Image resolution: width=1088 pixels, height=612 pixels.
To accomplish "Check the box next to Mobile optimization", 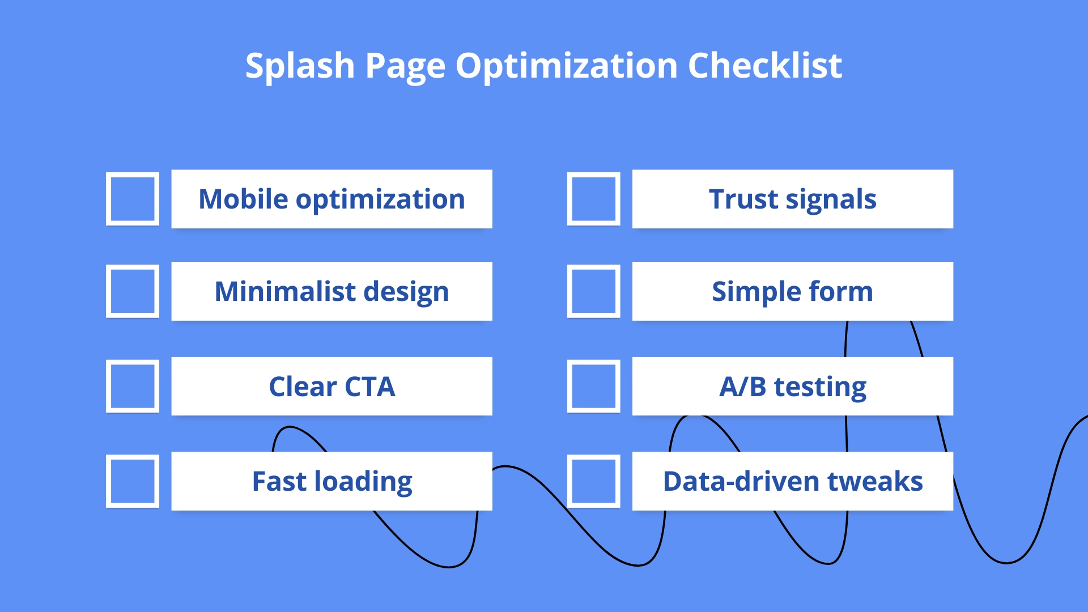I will tap(133, 199).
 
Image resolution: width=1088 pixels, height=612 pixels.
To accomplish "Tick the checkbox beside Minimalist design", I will tap(133, 291).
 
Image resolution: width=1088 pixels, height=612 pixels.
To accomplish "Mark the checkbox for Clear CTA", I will tap(133, 386).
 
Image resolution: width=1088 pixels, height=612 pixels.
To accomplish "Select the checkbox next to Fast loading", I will tap(133, 481).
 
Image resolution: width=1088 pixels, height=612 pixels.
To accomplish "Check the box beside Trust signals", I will tap(593, 199).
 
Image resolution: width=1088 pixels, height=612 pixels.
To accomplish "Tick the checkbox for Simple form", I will tap(593, 291).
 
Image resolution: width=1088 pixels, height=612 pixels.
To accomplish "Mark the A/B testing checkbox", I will tap(593, 386).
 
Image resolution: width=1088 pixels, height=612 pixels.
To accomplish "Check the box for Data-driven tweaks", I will tap(593, 481).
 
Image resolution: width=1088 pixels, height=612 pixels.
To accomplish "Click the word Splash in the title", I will tap(300, 66).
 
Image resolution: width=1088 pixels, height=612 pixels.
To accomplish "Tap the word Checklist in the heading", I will tap(764, 66).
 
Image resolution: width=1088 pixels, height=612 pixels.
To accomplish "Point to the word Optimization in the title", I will tap(567, 66).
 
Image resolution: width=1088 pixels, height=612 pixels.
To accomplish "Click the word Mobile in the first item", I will tap(243, 199).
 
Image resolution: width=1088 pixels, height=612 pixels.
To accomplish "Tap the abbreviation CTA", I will tap(369, 387).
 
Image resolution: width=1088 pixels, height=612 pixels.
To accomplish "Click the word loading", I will tap(363, 482).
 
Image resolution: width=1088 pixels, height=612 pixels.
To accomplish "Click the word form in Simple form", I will tap(840, 292).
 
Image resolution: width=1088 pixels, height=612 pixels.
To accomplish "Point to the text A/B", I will tap(743, 387).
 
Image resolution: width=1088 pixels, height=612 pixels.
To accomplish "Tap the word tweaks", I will tap(875, 482).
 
